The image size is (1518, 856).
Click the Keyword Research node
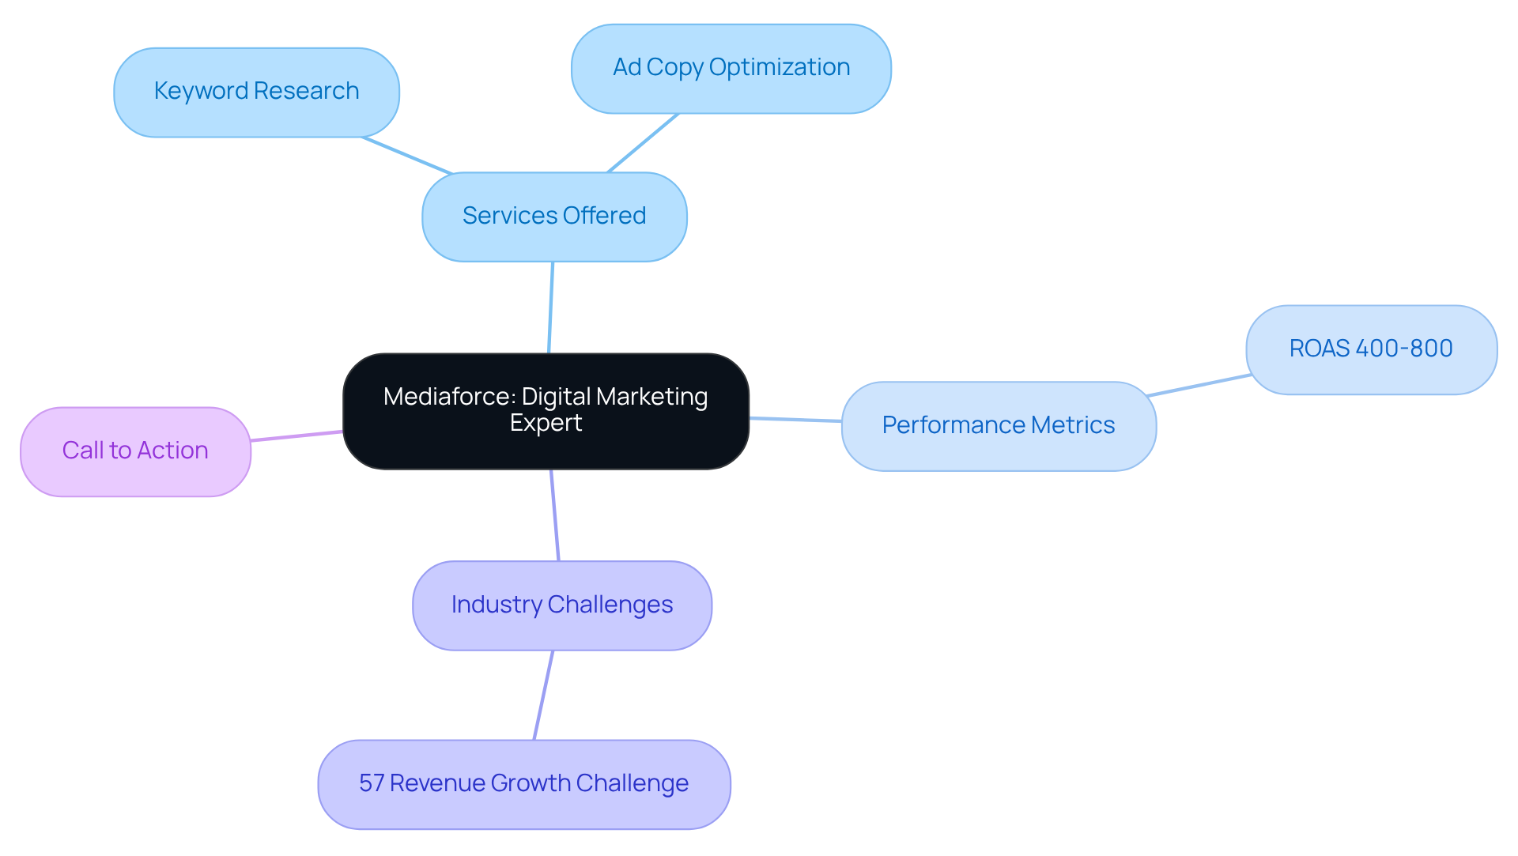(256, 92)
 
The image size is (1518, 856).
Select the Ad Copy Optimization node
(731, 69)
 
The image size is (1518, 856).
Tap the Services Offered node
(553, 217)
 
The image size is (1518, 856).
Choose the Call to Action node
(135, 451)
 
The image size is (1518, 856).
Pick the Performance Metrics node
(998, 426)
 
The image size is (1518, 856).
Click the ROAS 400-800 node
(1370, 349)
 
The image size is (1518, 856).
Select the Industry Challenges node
(561, 605)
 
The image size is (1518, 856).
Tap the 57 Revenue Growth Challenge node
(523, 784)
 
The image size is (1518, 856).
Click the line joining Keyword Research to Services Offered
(407, 156)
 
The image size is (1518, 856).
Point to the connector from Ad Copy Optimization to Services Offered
(643, 143)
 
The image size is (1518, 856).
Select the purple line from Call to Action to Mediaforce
(296, 436)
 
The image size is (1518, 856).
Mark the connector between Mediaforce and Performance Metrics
(795, 420)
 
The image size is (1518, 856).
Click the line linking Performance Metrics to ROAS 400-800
(1198, 386)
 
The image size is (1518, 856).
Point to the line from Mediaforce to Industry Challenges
(555, 515)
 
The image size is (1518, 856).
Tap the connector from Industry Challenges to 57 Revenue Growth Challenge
(543, 696)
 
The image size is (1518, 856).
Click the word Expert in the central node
(546, 423)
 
